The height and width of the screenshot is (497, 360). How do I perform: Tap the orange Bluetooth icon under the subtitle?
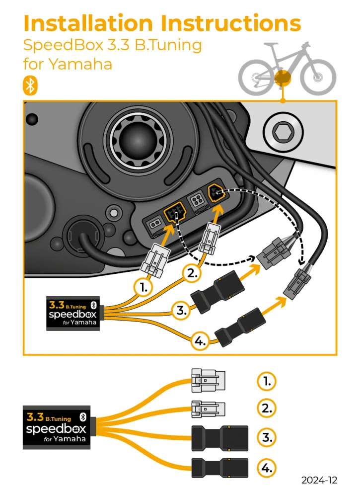(x=30, y=85)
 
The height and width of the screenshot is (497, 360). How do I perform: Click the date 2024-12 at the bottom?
(x=319, y=480)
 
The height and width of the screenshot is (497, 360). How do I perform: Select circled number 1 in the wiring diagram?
(x=144, y=288)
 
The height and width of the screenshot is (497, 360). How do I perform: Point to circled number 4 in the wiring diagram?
(x=200, y=341)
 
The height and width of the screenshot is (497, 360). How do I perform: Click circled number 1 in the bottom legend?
(x=267, y=381)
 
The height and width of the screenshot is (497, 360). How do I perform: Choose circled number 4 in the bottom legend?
(x=267, y=468)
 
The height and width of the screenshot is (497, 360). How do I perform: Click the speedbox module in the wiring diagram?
(x=73, y=314)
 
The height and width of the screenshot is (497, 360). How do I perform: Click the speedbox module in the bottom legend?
(x=56, y=427)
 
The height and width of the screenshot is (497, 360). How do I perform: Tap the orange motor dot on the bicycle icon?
(x=282, y=78)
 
